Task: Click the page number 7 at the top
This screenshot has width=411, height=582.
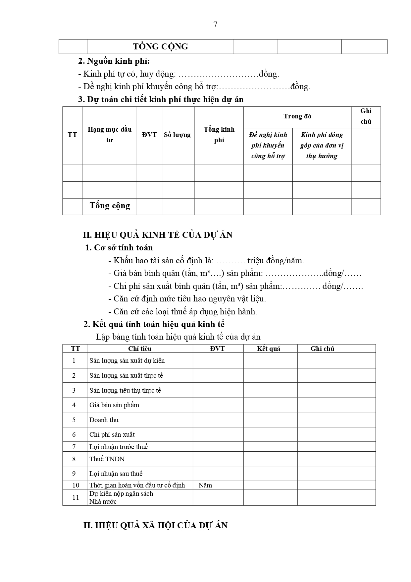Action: (215, 25)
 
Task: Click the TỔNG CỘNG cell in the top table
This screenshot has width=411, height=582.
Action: (160, 46)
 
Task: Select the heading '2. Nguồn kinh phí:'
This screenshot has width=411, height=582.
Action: (114, 61)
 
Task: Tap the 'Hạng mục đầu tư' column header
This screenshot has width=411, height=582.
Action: (109, 135)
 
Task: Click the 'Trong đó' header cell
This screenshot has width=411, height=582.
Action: (297, 116)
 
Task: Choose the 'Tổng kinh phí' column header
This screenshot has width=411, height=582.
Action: (219, 135)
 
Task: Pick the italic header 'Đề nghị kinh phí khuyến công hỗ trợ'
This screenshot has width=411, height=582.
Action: (268, 145)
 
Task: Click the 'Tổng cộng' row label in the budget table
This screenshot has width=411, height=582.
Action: (110, 206)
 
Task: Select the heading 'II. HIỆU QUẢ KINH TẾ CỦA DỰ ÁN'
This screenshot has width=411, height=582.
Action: (158, 235)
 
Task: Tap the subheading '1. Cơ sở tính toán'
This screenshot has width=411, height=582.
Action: (119, 248)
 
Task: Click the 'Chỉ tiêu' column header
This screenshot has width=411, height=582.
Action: (140, 349)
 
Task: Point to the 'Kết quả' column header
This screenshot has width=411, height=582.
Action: (269, 349)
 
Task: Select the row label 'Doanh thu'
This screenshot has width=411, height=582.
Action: (104, 420)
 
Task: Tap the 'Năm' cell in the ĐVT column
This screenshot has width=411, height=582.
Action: (205, 485)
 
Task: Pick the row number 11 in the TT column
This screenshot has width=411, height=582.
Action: (76, 497)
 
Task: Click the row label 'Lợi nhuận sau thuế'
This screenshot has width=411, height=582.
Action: (116, 474)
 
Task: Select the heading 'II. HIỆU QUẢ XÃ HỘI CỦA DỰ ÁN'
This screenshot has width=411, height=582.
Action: (155, 526)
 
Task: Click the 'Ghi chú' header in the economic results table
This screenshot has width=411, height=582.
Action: (322, 349)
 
